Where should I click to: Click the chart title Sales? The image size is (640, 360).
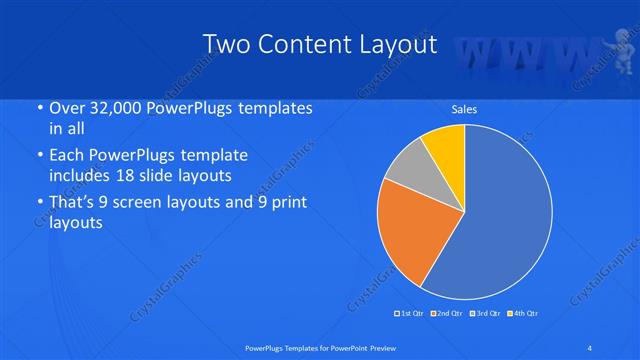[464, 108]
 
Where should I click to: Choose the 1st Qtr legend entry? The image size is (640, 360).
[410, 314]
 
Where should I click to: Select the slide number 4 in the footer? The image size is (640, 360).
[590, 347]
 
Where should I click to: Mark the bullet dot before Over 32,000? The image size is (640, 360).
[38, 108]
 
